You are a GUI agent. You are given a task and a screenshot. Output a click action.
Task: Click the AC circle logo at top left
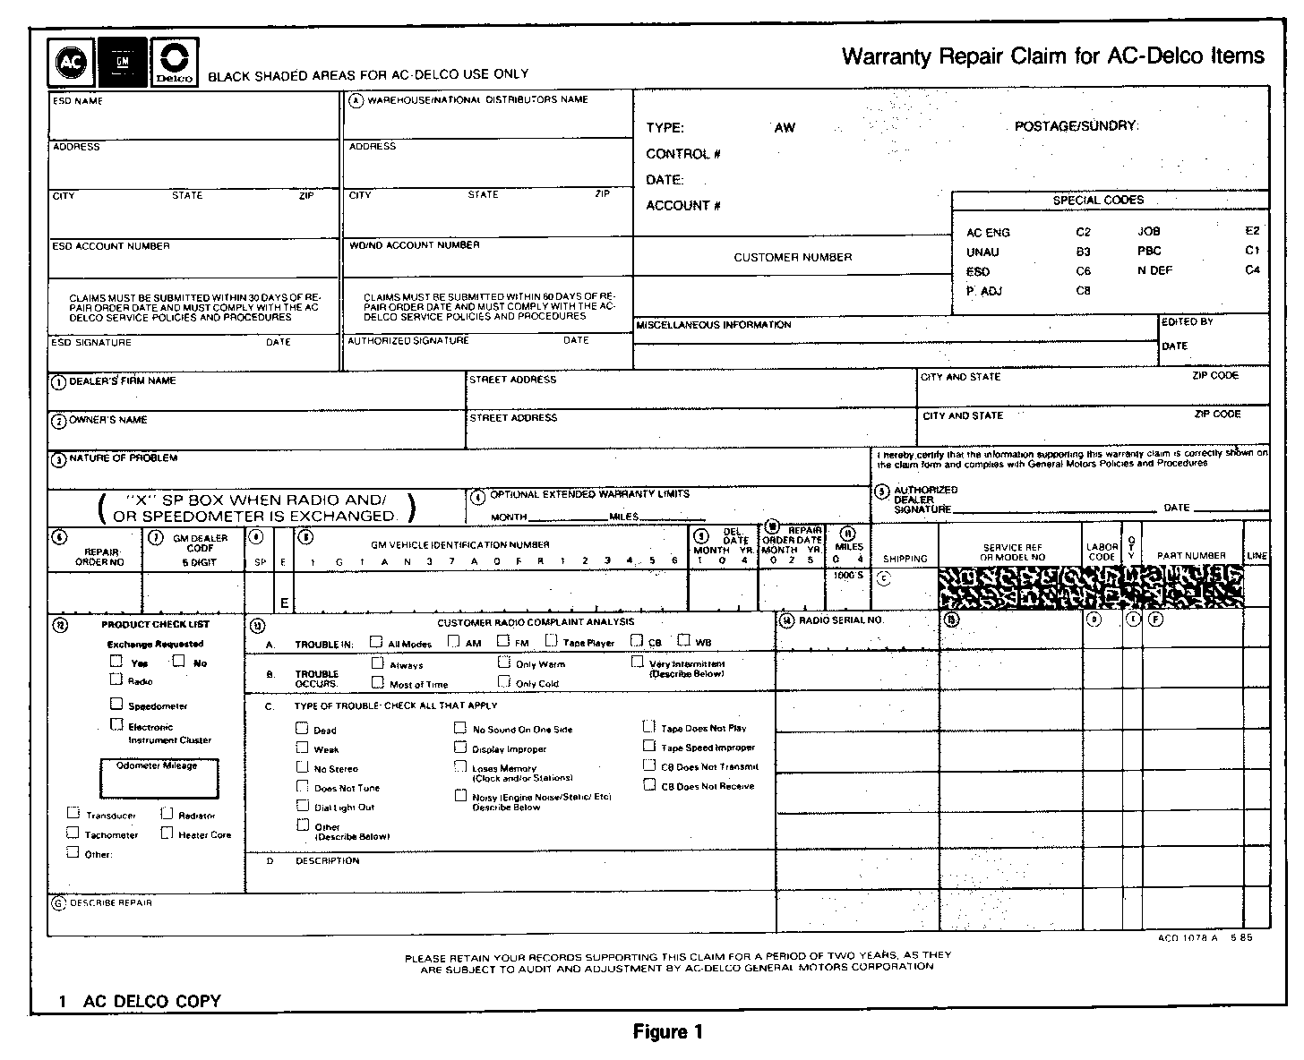click(70, 63)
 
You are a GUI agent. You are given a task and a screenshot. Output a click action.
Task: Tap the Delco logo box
click(175, 63)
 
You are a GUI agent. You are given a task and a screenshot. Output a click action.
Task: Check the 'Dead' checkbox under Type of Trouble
click(303, 728)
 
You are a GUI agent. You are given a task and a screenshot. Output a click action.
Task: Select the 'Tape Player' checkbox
click(552, 641)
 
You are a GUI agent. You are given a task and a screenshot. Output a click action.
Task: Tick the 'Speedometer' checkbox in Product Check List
click(116, 705)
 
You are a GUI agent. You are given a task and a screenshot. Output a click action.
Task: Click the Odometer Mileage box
click(159, 779)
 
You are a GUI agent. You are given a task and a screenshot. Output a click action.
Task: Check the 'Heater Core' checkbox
click(167, 833)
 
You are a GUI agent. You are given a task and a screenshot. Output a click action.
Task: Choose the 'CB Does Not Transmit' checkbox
click(649, 765)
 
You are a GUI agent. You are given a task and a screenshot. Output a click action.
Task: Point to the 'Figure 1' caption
click(667, 1032)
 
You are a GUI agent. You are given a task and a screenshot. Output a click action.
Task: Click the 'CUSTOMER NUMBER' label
click(793, 258)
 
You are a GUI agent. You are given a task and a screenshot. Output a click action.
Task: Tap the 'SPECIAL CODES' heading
click(1098, 201)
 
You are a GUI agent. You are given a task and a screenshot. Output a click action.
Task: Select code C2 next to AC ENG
click(1084, 232)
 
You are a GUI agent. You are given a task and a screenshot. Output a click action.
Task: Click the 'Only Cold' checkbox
click(504, 682)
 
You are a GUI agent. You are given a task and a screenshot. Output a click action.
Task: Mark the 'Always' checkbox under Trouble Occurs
click(378, 663)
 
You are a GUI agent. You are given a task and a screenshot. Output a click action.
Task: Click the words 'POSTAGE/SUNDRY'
click(1076, 126)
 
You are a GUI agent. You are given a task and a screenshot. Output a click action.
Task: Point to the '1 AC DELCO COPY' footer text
click(141, 1002)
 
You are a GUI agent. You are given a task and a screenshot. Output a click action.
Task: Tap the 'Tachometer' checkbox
click(73, 833)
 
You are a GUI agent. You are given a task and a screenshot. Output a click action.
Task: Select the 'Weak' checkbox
click(303, 748)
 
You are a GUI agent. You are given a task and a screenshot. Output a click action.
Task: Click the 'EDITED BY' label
click(1188, 321)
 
